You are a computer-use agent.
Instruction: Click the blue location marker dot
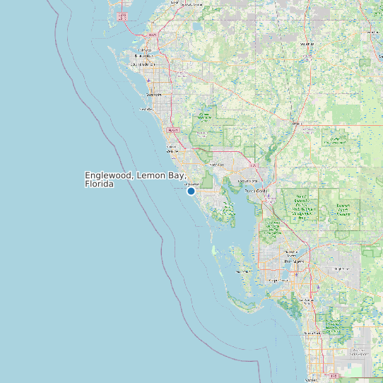(191, 191)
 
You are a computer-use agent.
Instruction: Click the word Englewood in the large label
(109, 175)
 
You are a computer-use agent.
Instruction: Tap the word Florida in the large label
(99, 184)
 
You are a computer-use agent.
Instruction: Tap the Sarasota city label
(154, 94)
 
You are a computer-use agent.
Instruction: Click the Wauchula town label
(306, 44)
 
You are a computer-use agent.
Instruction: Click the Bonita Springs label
(311, 332)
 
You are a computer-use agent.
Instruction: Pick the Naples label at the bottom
(311, 379)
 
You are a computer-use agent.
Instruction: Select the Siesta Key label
(146, 110)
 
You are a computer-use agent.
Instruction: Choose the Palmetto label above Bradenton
(146, 49)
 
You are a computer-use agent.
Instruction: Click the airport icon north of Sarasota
(150, 79)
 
